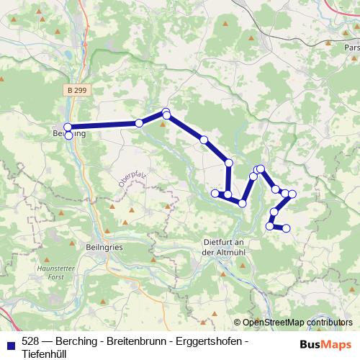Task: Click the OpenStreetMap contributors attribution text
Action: point(297,323)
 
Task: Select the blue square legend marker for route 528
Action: point(9,341)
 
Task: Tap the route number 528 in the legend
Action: point(31,341)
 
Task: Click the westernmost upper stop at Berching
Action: point(68,127)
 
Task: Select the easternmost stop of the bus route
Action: point(292,194)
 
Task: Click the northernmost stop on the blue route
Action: point(166,112)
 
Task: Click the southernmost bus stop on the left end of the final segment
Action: point(270,226)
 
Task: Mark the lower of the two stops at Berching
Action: point(68,135)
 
